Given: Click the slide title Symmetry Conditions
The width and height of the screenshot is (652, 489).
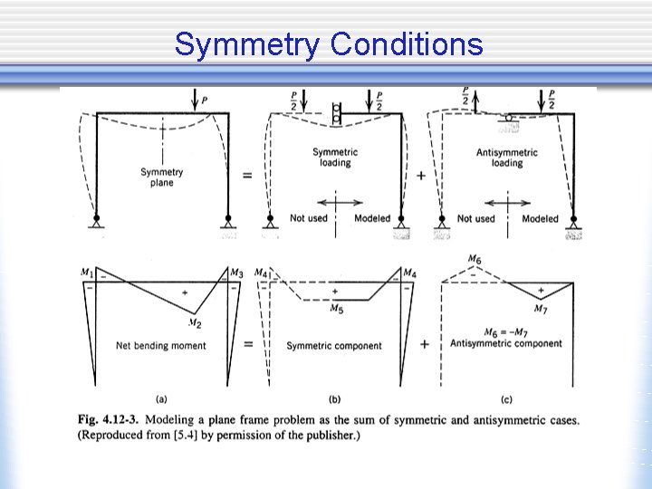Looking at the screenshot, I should click(x=329, y=43).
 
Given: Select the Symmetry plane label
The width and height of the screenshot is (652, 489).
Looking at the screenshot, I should click(x=161, y=177).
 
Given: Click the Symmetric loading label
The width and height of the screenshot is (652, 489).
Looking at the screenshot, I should click(x=334, y=158).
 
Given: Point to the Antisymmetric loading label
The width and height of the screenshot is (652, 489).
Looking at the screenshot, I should click(x=507, y=158).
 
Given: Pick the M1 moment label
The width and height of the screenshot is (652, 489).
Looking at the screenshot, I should click(x=87, y=271).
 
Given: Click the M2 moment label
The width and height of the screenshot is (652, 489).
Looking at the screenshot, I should click(x=194, y=323).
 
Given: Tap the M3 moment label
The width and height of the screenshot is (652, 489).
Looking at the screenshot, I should click(x=237, y=273).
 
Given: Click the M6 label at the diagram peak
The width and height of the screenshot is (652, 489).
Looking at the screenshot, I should click(x=475, y=260).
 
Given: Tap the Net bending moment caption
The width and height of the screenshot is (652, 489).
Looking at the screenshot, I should click(x=161, y=345).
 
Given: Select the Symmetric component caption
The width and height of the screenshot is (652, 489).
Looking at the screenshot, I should click(x=334, y=346).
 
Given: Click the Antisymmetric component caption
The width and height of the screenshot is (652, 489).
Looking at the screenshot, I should click(x=506, y=343).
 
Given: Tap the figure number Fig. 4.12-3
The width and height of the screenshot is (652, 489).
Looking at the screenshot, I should click(x=107, y=420).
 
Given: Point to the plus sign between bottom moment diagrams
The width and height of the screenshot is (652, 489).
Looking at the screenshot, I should click(x=423, y=345).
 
